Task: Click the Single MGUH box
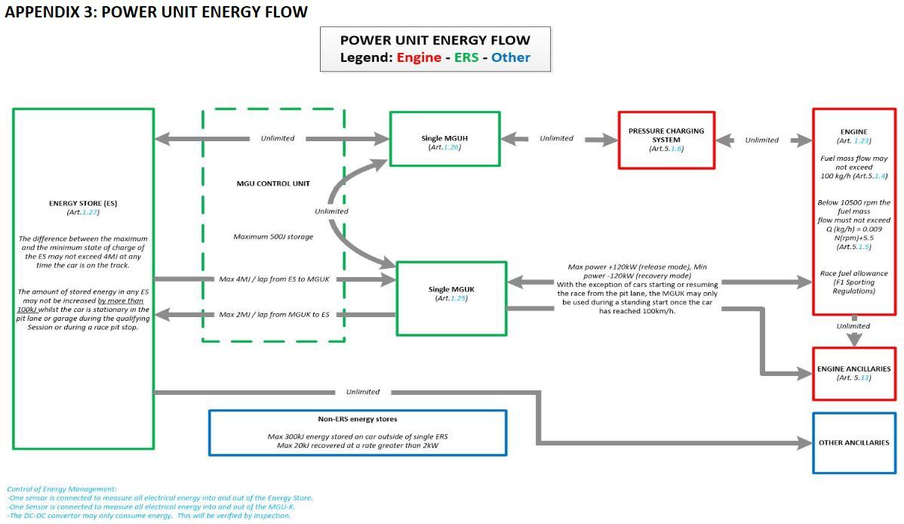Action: [x=444, y=139]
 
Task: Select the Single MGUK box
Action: [x=451, y=297]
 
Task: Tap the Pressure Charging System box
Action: [x=666, y=140]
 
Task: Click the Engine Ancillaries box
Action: [x=853, y=373]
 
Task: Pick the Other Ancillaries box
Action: [x=853, y=442]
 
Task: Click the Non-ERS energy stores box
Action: [x=357, y=433]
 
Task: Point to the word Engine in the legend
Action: [x=419, y=57]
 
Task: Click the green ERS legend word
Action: [x=466, y=57]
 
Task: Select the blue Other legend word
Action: [x=510, y=57]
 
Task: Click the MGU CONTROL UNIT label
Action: [x=272, y=183]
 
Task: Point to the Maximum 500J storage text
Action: [x=273, y=236]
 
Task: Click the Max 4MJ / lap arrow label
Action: [x=274, y=279]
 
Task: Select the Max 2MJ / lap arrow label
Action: [x=274, y=314]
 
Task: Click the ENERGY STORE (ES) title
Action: [x=83, y=203]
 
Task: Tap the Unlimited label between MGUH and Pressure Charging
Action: [x=556, y=138]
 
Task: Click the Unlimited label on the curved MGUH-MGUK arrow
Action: [x=331, y=211]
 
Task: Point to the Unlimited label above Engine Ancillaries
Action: [x=853, y=326]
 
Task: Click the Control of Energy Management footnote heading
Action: [x=62, y=489]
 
